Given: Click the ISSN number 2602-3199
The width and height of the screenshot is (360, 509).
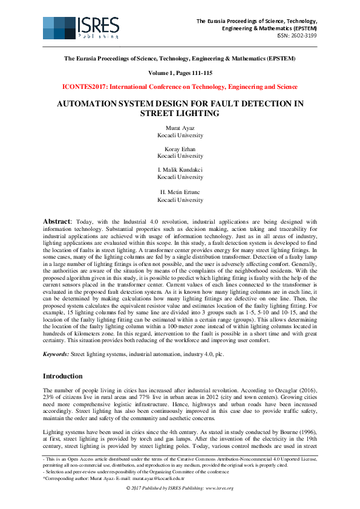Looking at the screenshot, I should click(x=298, y=36).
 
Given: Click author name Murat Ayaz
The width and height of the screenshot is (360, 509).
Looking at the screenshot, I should click(x=180, y=128).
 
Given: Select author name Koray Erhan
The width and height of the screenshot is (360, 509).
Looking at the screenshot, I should click(x=180, y=149).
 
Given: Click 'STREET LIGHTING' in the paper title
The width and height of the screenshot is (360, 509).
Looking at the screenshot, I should click(x=180, y=113).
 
